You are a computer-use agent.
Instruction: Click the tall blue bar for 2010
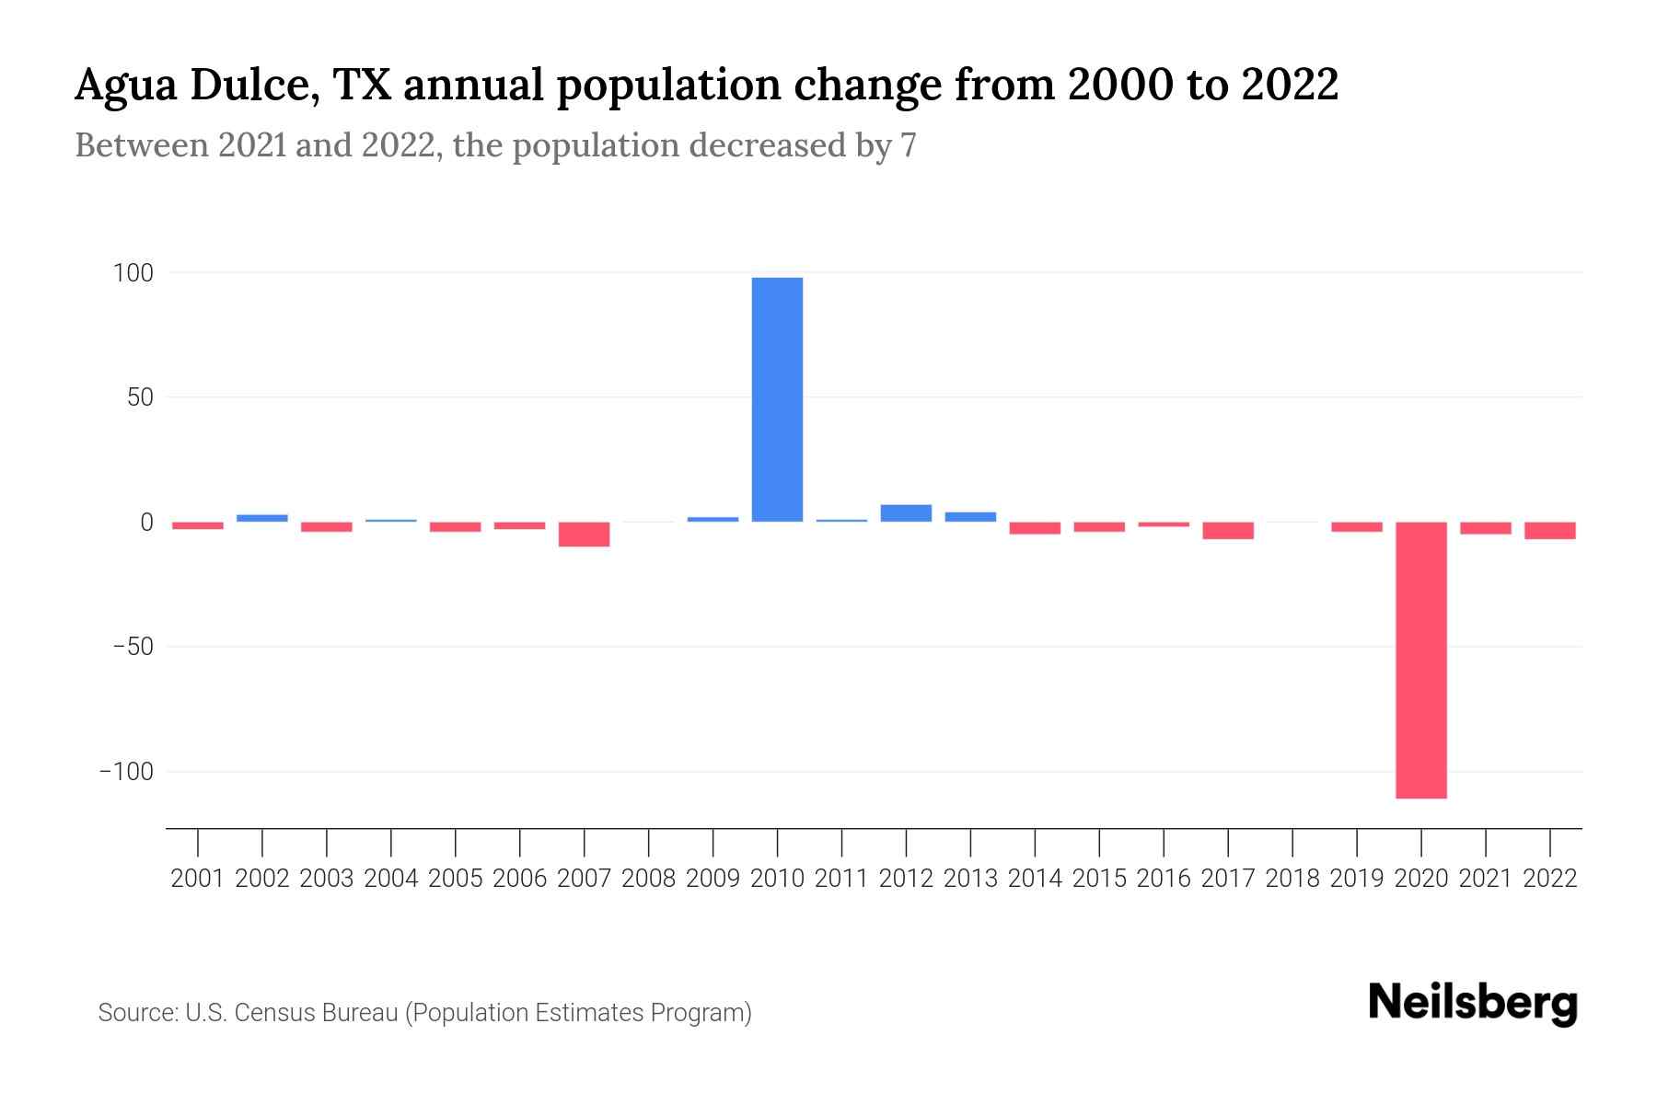tap(777, 399)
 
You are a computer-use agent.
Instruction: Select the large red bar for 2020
tap(1420, 660)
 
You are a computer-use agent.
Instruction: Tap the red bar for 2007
tap(584, 535)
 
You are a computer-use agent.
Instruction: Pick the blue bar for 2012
tap(906, 513)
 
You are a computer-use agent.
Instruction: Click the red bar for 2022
tap(1549, 531)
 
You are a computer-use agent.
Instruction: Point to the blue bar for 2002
tap(262, 518)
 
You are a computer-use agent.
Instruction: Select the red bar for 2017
tap(1228, 531)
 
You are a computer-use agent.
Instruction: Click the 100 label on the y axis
tap(133, 273)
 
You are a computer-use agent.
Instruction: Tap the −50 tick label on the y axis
tap(133, 647)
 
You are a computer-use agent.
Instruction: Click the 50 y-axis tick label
tap(140, 397)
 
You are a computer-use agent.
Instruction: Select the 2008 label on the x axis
tap(648, 879)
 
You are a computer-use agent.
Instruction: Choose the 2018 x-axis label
tap(1292, 879)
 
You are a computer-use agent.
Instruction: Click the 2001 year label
tap(198, 879)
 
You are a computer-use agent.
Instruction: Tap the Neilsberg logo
tap(1473, 1003)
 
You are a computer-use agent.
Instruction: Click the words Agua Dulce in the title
tap(196, 86)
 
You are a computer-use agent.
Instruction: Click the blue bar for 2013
tap(970, 517)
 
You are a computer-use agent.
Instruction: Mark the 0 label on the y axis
tap(146, 523)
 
